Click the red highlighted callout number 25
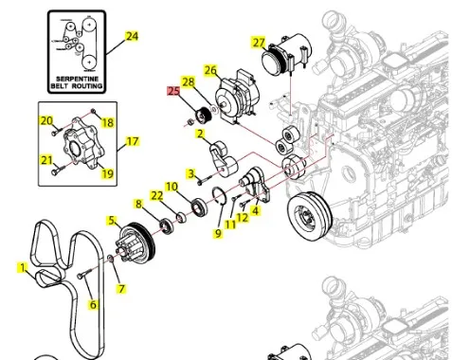173,91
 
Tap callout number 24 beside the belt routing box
132,36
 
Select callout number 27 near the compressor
259,42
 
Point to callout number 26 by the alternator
210,70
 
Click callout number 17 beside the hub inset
133,141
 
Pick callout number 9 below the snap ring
218,233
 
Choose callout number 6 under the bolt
93,304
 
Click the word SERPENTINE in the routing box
77,79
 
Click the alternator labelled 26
238,98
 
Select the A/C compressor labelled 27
287,54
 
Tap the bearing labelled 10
200,207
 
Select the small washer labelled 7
111,259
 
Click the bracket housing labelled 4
255,184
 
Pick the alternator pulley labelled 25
203,116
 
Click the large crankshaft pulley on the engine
310,216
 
